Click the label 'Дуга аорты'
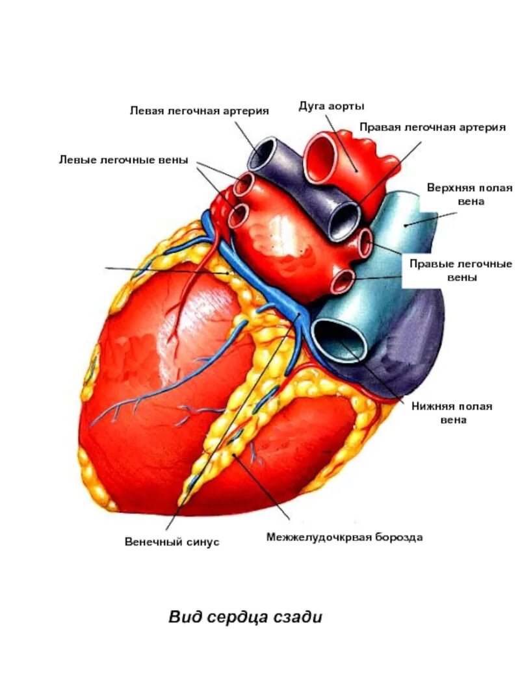click(331, 106)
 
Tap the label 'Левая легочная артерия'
click(200, 111)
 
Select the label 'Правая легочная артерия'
click(432, 128)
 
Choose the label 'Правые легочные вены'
click(460, 270)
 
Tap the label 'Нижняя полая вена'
click(452, 413)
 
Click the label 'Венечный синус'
click(172, 541)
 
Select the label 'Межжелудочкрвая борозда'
click(344, 537)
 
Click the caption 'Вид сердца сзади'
click(246, 616)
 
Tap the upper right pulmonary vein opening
click(365, 242)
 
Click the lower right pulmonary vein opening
click(343, 281)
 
